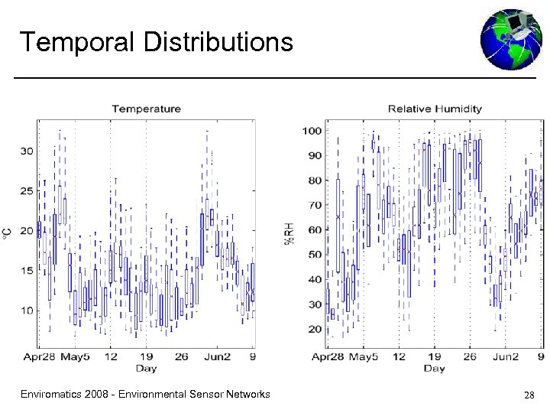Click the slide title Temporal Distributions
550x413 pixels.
coord(156,41)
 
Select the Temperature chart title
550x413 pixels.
coord(146,109)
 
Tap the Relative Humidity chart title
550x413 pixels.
coord(435,109)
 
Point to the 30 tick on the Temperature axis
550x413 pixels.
coord(26,151)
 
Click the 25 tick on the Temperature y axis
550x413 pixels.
coord(26,190)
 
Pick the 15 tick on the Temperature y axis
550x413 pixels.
coord(26,270)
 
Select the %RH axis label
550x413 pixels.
coord(290,229)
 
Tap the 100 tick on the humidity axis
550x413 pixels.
coord(311,131)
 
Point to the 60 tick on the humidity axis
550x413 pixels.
coord(313,230)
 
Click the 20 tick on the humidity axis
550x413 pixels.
coord(313,329)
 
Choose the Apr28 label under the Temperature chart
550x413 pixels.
coord(38,356)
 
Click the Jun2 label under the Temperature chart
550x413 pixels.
coord(217,356)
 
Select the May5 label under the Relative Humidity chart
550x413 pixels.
coord(363,356)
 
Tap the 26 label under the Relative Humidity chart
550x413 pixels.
coord(469,356)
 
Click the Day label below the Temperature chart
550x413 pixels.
coord(146,369)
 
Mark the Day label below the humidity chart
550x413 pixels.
coord(434,369)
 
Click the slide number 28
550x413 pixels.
coord(529,395)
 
